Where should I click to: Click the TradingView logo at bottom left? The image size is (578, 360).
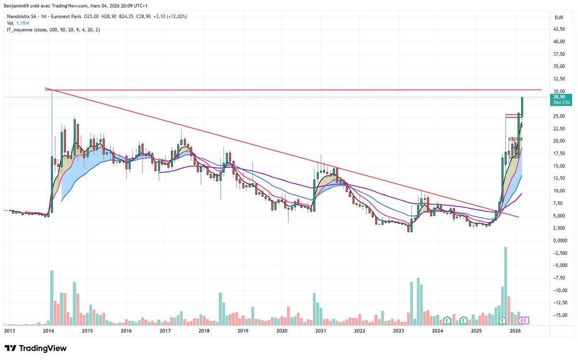pos(36,348)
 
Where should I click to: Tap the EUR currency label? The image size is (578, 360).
pos(559,17)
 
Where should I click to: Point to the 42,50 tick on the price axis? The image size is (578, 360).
pos(559,29)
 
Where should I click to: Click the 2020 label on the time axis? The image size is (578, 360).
pos(282,331)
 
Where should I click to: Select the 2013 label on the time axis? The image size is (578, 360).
pos(10,331)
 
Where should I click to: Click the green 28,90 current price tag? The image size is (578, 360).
pos(559,97)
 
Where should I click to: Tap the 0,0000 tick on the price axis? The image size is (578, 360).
pos(559,240)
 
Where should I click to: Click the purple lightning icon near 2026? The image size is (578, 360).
pos(524,320)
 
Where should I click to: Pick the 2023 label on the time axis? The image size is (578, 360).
pos(398,331)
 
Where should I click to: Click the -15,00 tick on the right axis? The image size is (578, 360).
pos(559,315)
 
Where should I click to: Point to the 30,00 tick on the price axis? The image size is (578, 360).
pos(559,91)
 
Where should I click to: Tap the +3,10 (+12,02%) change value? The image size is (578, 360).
pos(171,16)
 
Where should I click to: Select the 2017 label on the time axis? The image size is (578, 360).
pos(165,331)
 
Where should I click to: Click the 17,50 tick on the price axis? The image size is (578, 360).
pos(559,153)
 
